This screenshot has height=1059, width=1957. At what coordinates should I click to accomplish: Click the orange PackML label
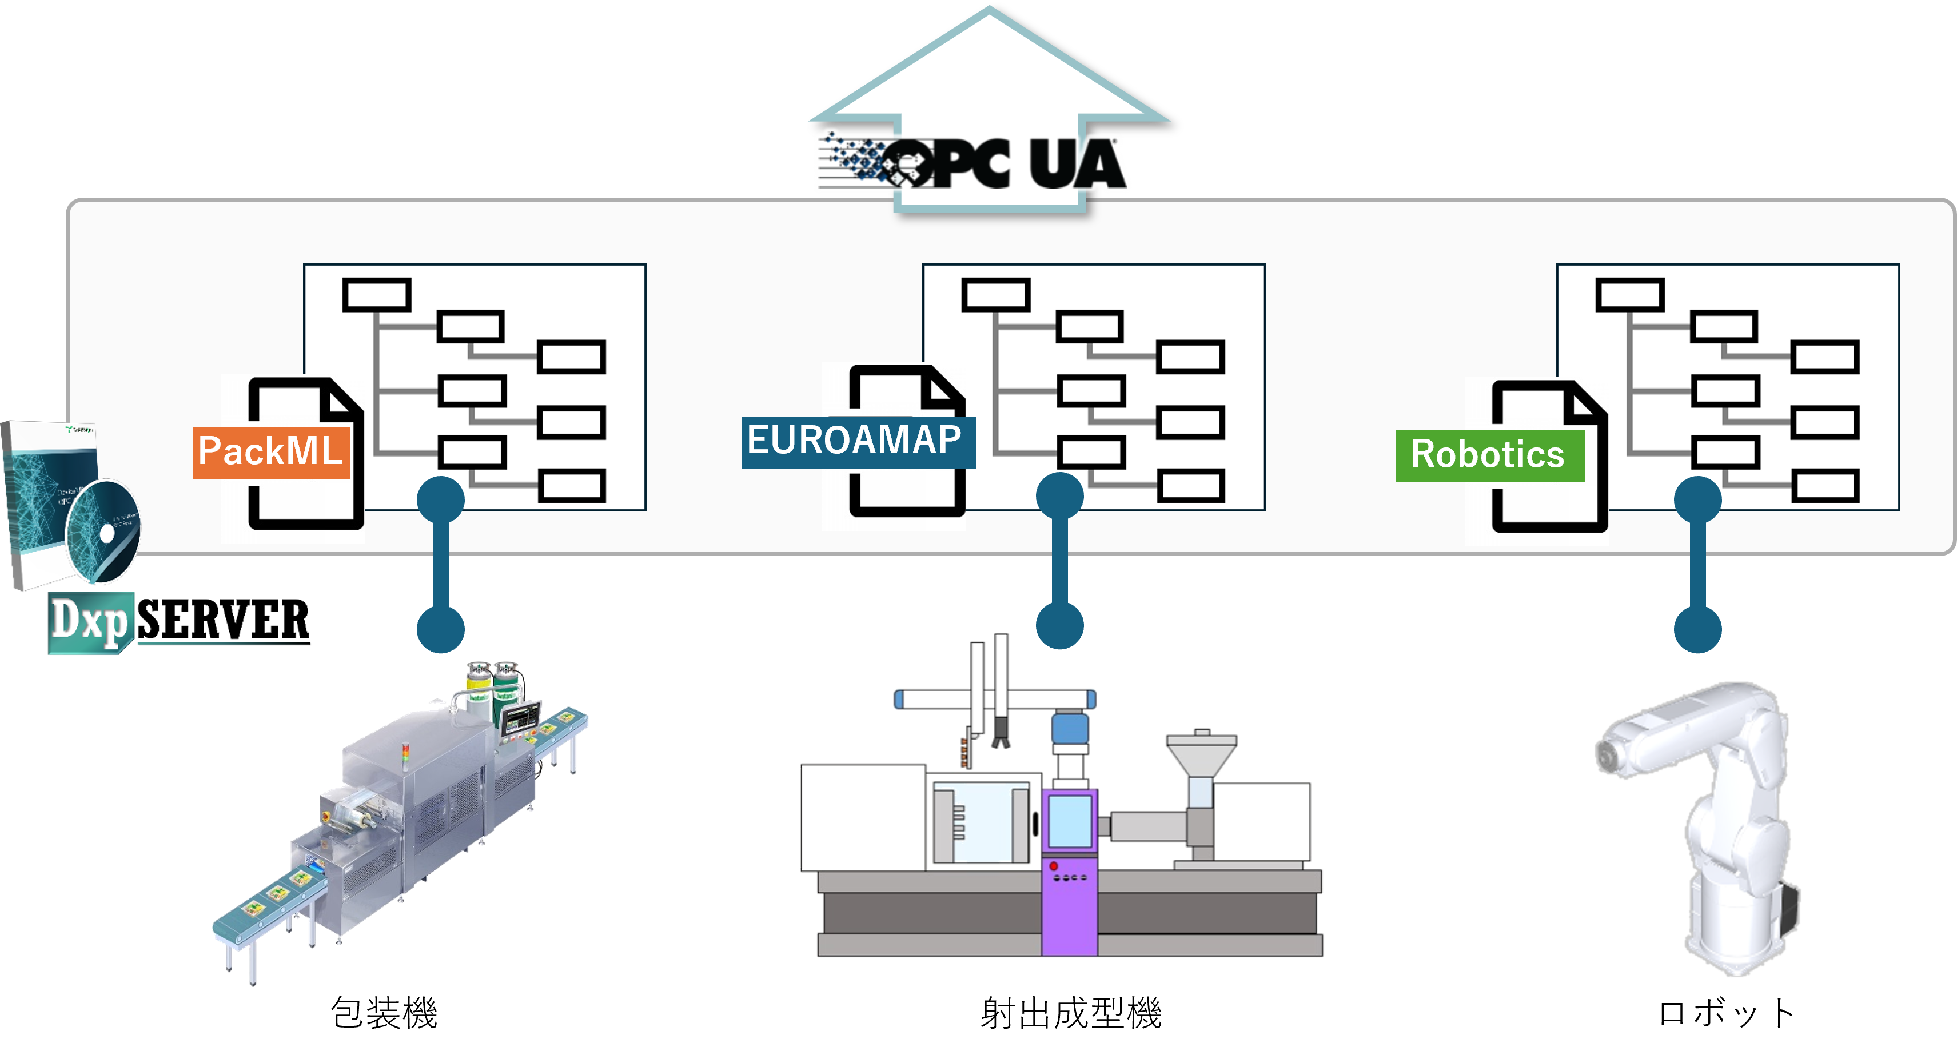click(271, 453)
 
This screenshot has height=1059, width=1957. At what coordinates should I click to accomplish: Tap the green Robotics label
click(1489, 455)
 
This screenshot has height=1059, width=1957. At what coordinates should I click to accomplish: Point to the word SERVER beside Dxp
click(225, 618)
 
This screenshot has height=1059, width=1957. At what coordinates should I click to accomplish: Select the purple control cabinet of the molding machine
click(1070, 874)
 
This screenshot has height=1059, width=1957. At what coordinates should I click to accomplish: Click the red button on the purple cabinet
click(1054, 866)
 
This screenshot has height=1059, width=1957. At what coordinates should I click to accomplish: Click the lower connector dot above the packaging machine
click(441, 629)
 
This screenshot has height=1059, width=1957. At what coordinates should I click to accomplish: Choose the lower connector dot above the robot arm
click(1698, 629)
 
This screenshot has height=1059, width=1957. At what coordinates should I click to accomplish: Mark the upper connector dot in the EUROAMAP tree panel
click(1060, 497)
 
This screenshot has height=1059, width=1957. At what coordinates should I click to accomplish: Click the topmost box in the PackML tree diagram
click(377, 295)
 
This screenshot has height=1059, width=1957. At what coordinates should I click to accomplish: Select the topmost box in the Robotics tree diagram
click(1631, 295)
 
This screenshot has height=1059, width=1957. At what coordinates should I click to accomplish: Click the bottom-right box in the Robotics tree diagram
click(1826, 486)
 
